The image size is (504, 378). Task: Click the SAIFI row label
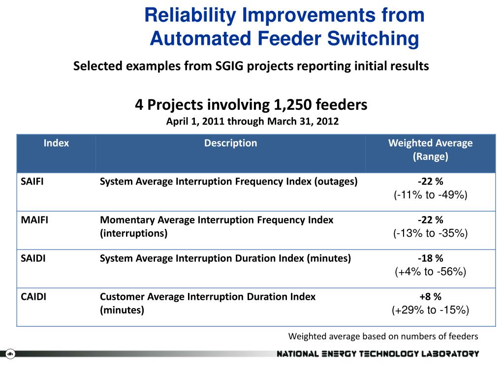pos(32,181)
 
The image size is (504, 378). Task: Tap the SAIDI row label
pos(33,258)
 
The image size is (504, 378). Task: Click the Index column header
pos(56,143)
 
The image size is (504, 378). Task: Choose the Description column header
pos(230,143)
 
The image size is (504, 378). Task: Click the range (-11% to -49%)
pos(430,195)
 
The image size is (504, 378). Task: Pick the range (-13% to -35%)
pos(430,233)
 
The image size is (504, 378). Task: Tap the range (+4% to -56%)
pos(430,272)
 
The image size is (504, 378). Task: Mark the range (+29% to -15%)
pos(430,310)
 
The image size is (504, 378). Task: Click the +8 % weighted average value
pos(430,297)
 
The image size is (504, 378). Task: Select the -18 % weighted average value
pos(430,258)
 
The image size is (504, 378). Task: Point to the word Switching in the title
pos(374,39)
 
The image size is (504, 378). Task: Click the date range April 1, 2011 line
pos(252,121)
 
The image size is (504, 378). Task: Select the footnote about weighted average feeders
pos(383,337)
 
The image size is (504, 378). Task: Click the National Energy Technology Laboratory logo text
pos(378,353)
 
